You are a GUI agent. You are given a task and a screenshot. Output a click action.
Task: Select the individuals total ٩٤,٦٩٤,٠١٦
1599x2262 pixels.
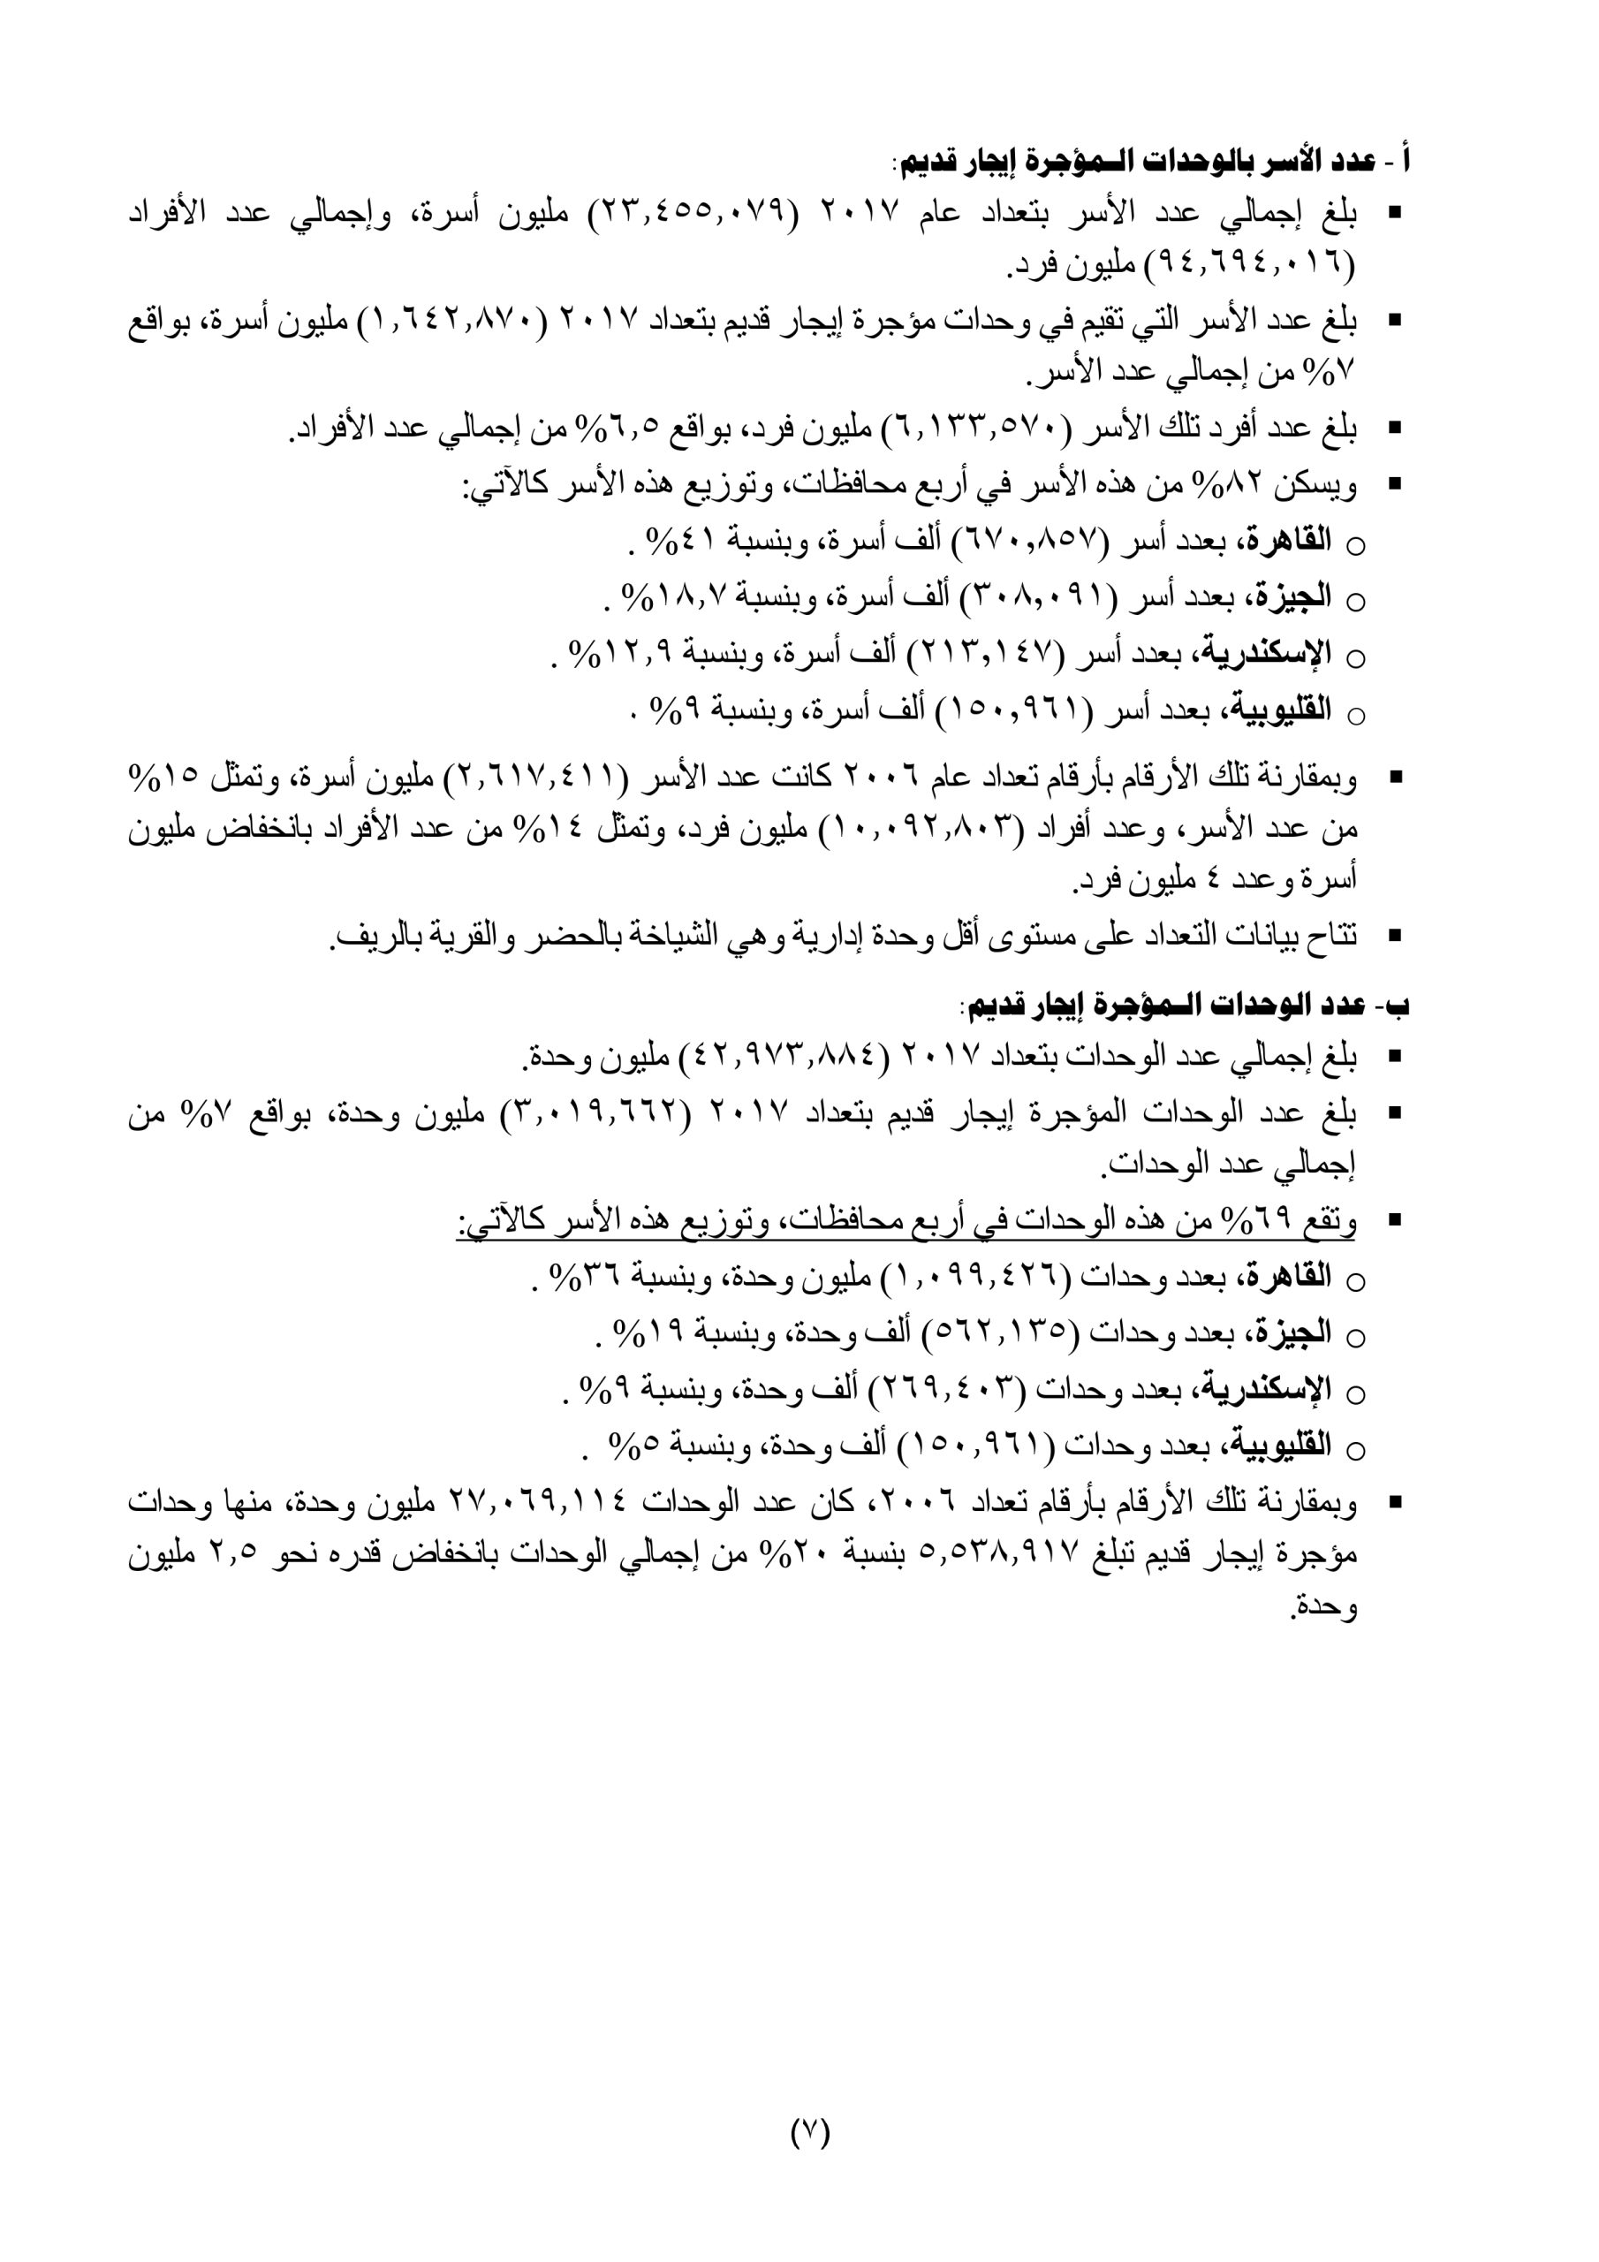click(x=1247, y=265)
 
